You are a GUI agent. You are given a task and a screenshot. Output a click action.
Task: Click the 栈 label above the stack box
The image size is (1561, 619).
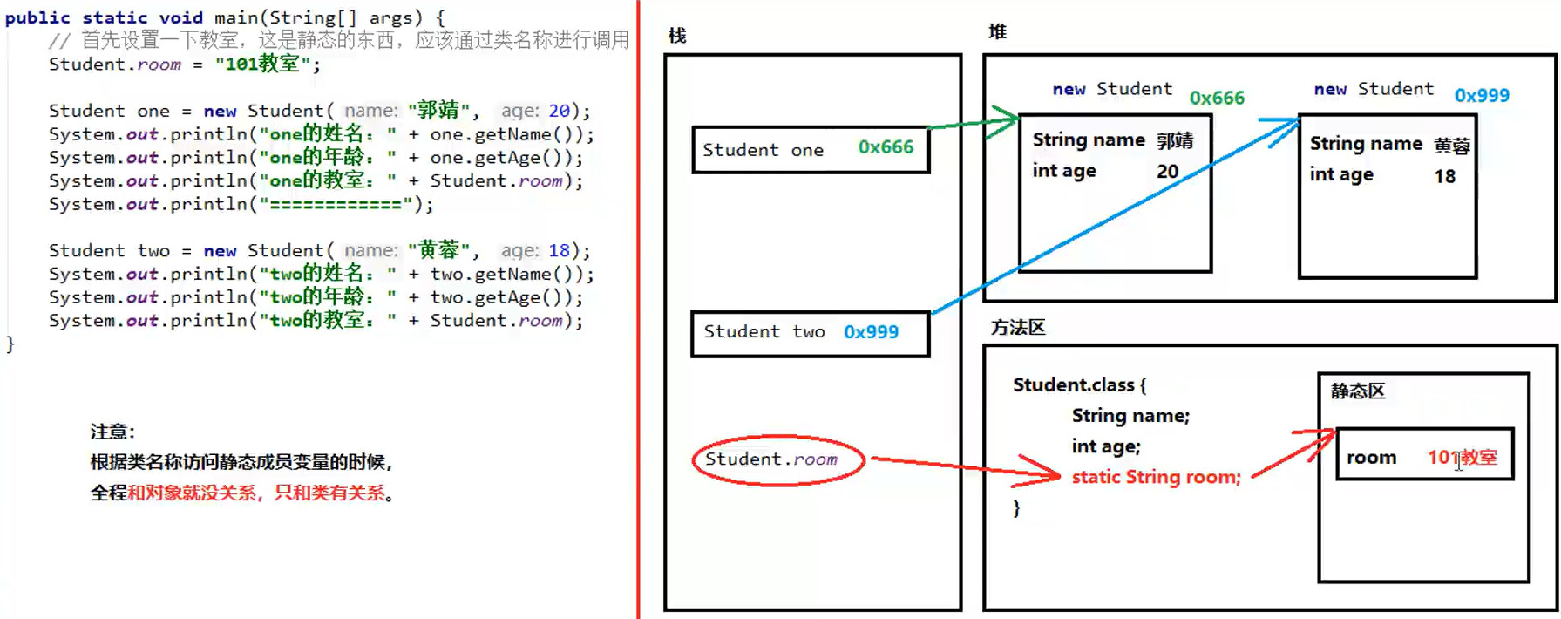click(677, 36)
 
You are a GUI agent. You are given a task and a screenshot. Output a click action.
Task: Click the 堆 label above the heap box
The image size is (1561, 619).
click(997, 32)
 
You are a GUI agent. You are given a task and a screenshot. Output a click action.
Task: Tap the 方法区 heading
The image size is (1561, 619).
click(1017, 328)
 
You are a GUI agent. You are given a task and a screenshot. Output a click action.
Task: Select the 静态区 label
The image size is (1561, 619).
click(1357, 391)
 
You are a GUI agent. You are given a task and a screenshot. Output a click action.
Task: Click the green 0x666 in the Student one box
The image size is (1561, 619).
click(886, 147)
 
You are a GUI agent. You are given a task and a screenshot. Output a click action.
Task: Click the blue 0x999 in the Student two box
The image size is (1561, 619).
click(871, 332)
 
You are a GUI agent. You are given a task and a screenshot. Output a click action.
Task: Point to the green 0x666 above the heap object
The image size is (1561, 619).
click(1217, 98)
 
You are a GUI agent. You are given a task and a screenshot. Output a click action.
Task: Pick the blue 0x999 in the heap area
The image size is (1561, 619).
click(1482, 95)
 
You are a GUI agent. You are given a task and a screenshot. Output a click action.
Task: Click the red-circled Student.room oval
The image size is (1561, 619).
click(777, 459)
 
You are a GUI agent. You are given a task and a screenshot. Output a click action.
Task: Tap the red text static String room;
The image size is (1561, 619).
click(1156, 477)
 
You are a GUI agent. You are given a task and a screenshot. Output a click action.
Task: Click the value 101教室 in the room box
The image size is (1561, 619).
click(1462, 458)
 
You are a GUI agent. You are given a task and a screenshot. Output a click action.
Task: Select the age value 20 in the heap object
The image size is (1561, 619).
click(1167, 172)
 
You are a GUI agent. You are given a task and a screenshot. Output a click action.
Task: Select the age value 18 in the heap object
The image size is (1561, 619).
click(1444, 177)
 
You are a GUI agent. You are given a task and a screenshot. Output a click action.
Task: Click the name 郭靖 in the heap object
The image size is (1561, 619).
click(1175, 141)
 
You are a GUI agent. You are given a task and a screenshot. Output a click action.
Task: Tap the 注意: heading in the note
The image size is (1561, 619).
click(112, 432)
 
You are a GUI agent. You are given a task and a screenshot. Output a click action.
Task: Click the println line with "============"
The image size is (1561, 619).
click(241, 204)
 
